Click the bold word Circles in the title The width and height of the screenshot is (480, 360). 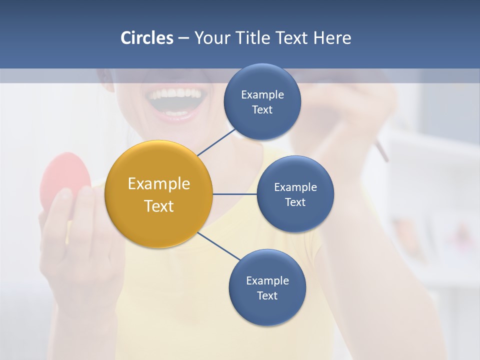coord(146,38)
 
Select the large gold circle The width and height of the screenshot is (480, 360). coord(159,194)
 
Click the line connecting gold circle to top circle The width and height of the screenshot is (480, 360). coord(217,142)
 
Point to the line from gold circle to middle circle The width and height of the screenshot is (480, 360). coord(235,194)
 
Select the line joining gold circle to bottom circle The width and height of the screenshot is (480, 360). coord(218,246)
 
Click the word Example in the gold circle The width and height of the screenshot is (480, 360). coord(159,184)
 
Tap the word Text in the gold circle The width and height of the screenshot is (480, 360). coord(159,206)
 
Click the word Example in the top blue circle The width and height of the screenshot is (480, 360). coord(262,95)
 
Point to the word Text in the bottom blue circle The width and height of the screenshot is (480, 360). coord(267,296)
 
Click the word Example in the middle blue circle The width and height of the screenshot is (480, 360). coord(295,187)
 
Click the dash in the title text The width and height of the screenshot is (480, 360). coord(183,38)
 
